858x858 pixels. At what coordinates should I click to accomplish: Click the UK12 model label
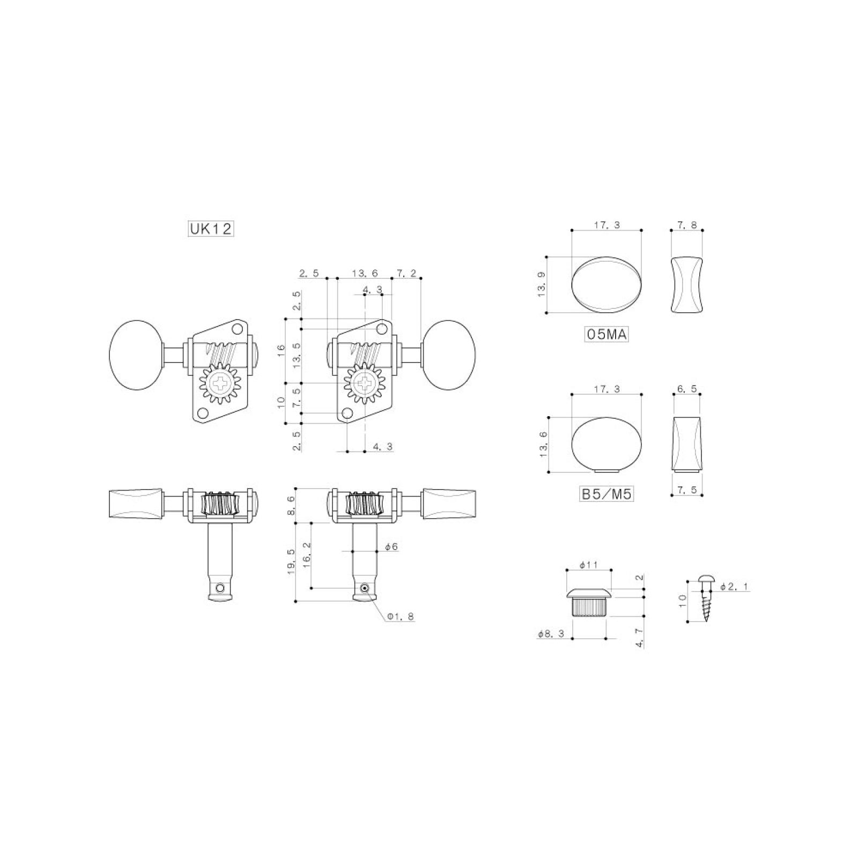pos(211,229)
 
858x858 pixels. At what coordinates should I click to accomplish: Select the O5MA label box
pos(606,335)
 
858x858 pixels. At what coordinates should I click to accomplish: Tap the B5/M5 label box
pos(607,494)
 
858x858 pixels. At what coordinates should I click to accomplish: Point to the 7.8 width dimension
pos(687,225)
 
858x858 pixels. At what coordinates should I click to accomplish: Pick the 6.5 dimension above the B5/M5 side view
pos(687,389)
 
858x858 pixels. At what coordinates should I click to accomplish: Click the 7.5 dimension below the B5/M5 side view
pos(687,490)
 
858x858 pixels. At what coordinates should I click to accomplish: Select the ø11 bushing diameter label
pos(588,565)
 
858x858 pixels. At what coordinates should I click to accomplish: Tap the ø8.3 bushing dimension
pos(551,634)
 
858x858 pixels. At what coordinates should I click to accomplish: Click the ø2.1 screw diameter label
pos(733,587)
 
